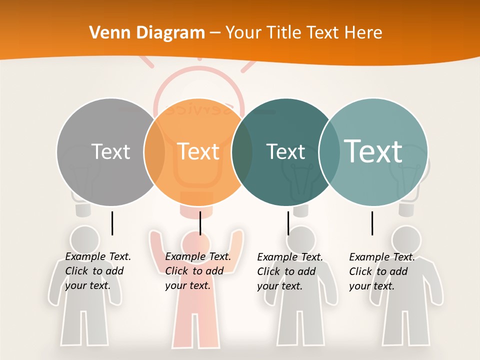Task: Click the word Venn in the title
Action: [x=106, y=33]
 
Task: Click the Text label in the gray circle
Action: [x=110, y=151]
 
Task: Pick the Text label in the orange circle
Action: [x=198, y=151]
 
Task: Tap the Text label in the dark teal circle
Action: [x=286, y=151]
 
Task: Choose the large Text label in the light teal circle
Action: [x=373, y=151]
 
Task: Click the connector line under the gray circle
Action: [x=112, y=223]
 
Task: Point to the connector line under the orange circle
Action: [x=200, y=223]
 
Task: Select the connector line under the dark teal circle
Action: [x=288, y=223]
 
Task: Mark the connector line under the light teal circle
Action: [x=372, y=223]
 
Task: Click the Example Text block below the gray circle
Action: [x=97, y=271]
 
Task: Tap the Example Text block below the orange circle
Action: [x=197, y=271]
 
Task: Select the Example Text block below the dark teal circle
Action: [x=289, y=271]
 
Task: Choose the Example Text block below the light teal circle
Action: [x=381, y=271]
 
